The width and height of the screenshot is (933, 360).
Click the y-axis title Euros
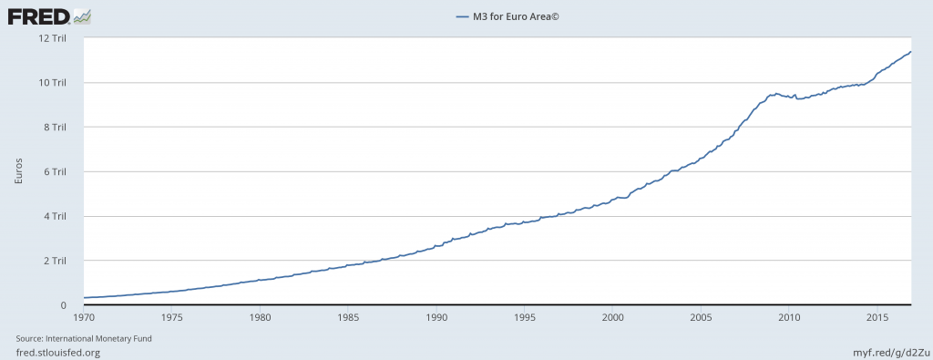(x=19, y=171)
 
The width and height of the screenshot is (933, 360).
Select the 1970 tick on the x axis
(x=84, y=317)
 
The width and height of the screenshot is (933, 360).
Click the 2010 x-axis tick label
(x=789, y=317)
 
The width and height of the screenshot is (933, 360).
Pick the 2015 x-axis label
(x=877, y=317)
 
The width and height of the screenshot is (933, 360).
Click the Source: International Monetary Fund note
(x=90, y=338)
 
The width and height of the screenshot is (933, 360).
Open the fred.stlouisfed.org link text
(x=57, y=352)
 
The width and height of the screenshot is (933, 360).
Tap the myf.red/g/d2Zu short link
(x=888, y=352)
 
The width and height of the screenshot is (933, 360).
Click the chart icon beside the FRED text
(x=81, y=15)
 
